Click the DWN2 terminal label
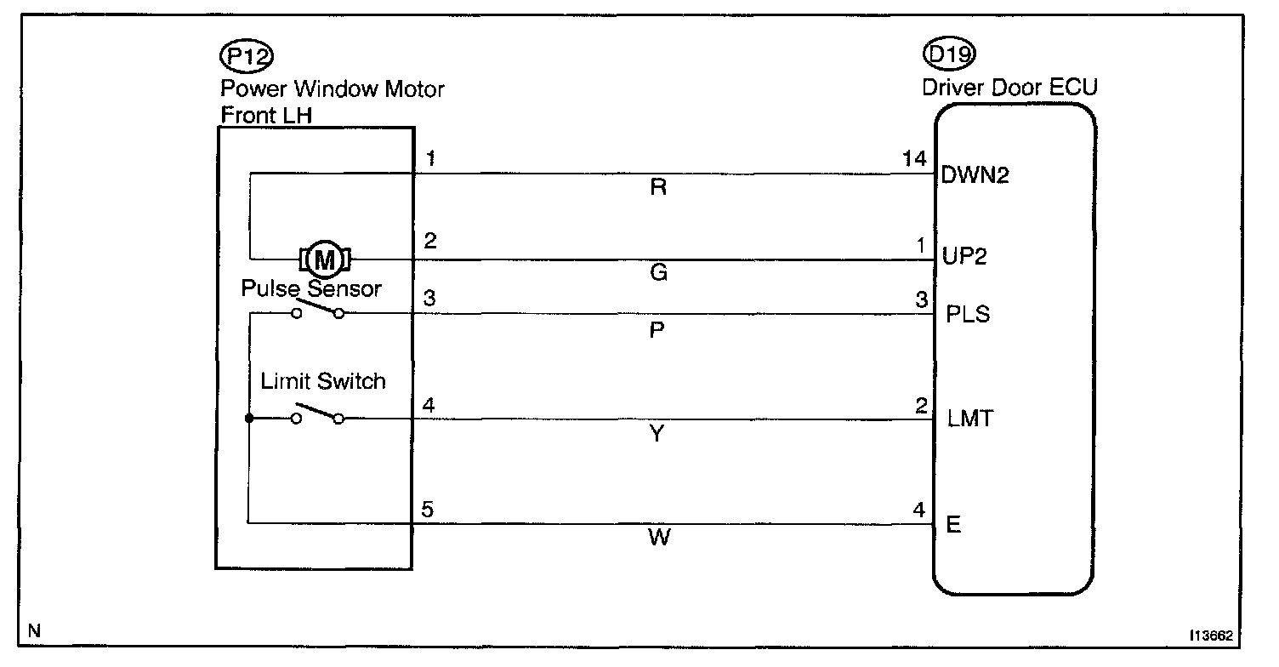click(x=975, y=176)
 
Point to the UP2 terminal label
click(x=964, y=258)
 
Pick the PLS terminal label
click(x=968, y=316)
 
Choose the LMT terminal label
click(x=969, y=419)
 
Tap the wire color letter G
click(x=657, y=273)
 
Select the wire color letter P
click(x=657, y=331)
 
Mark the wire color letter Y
click(x=657, y=435)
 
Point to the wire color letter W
click(x=657, y=539)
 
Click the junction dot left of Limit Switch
click(x=249, y=419)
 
